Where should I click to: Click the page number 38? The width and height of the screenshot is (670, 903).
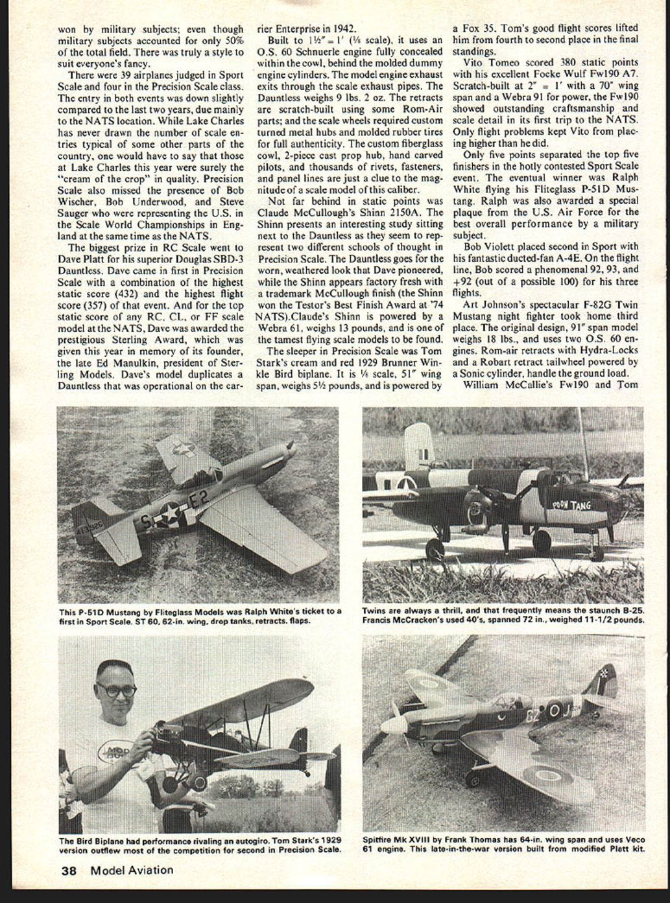pyautogui.click(x=69, y=871)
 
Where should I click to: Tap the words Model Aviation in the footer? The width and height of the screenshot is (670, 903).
pyautogui.click(x=132, y=871)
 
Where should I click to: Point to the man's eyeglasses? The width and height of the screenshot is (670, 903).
pyautogui.click(x=117, y=690)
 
